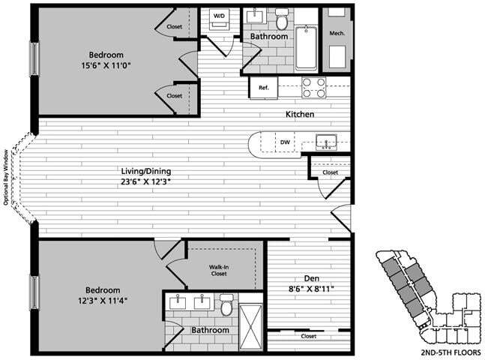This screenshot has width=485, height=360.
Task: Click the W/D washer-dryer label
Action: tap(220, 15)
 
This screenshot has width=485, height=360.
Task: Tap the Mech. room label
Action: tap(337, 34)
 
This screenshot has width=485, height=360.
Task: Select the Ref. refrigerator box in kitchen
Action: tap(264, 88)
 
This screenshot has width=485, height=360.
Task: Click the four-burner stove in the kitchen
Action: tap(314, 87)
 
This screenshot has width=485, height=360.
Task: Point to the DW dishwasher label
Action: tap(285, 141)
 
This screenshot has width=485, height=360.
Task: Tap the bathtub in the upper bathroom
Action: tap(305, 47)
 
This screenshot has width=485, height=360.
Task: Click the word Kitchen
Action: tap(299, 115)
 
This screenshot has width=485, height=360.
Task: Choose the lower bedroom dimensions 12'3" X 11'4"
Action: tap(103, 301)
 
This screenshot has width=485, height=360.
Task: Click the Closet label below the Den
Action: tap(308, 337)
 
